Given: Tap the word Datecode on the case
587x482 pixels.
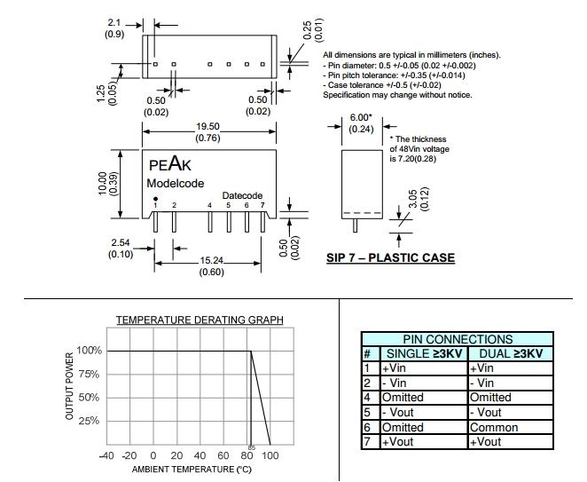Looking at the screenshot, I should coord(242,195).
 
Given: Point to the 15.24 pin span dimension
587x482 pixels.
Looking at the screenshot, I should coord(210,260).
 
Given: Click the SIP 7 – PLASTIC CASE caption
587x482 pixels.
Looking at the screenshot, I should coord(390,258).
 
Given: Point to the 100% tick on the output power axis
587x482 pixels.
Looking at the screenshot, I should coord(90,351).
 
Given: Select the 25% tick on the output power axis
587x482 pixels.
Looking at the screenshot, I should coord(91,421).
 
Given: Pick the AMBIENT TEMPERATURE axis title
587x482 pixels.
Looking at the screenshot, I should coord(192,469).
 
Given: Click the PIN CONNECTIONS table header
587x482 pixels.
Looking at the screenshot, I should coord(458,339).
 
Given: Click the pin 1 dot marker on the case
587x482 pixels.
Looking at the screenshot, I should coord(156,198).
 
